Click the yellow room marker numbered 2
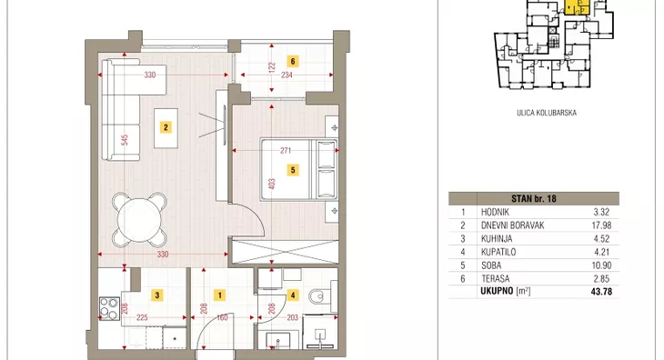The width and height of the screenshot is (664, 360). coord(166,127)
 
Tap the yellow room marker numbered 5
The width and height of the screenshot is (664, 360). coord(293,170)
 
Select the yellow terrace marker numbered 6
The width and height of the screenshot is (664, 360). coord(293,61)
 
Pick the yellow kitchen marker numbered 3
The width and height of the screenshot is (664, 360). coord(157,295)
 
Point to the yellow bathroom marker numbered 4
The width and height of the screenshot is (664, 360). coord(293,295)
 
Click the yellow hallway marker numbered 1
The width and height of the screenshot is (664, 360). coord(219,295)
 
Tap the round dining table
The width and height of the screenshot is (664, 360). coord(139,220)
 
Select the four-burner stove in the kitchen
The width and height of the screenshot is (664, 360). coord(109,309)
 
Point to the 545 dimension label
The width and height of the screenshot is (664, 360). coord(125,140)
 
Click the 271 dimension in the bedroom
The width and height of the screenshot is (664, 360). coord(286,151)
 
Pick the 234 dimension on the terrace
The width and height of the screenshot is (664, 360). coord(287,75)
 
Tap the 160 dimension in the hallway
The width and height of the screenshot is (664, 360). coord(222,317)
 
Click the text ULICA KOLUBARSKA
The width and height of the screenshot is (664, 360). coord(547,113)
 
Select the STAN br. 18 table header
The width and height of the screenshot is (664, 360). coord(534,198)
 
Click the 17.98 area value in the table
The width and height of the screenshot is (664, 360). coord(602,225)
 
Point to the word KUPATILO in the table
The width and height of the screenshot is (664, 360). coord(498,252)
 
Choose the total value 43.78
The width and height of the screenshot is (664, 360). coord(601,292)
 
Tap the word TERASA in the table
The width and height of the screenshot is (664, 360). coord(496,279)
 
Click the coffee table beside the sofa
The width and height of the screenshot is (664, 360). coord(166,128)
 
